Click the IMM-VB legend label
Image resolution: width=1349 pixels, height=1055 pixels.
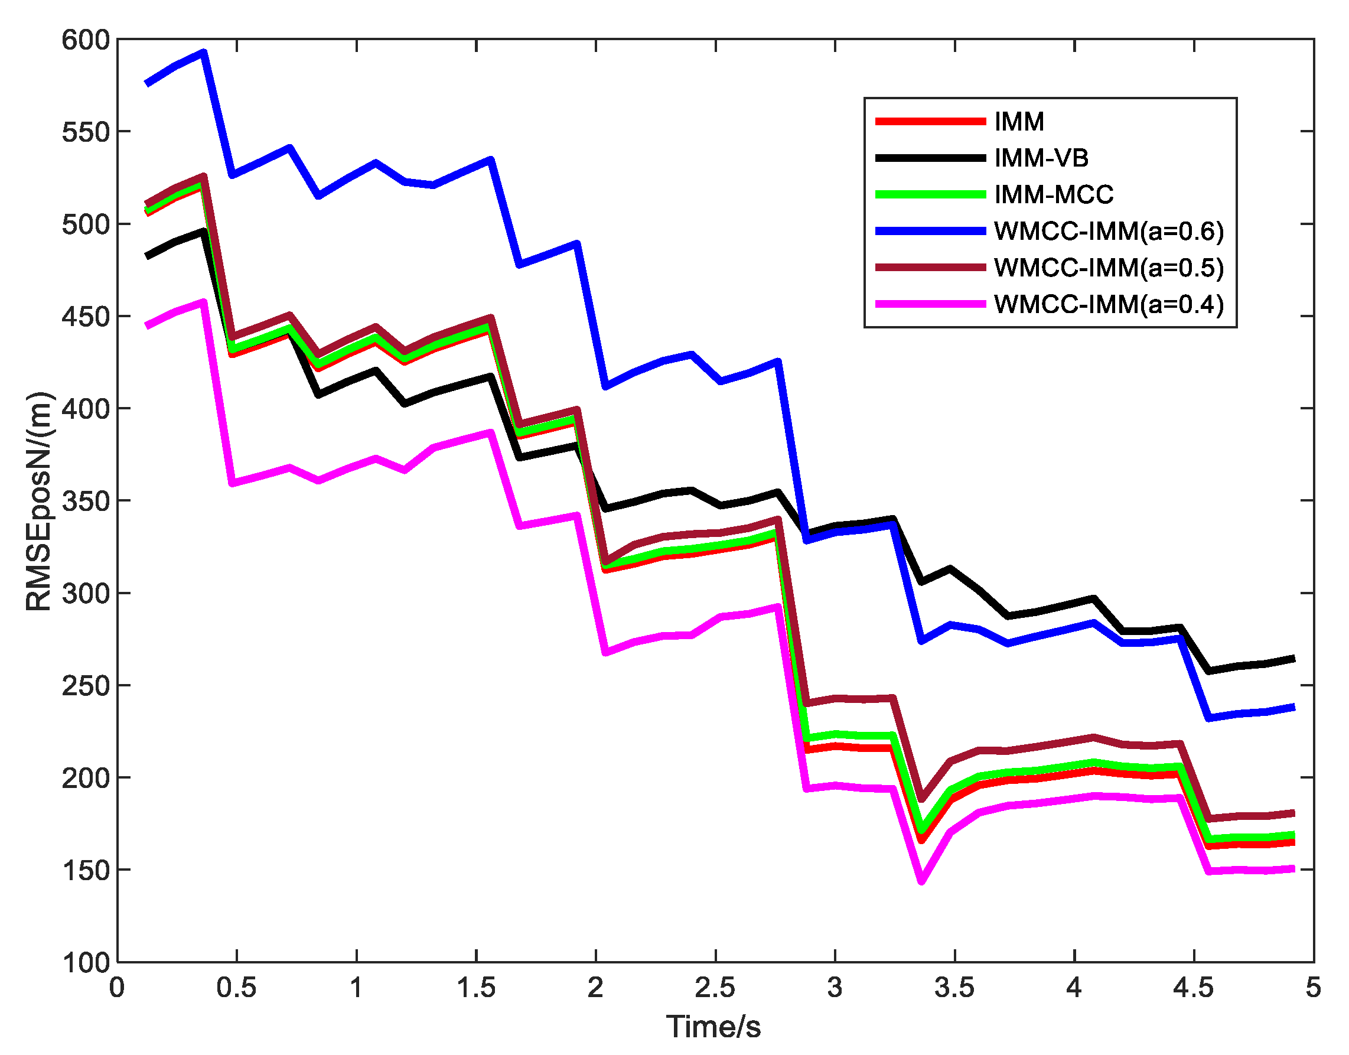click(1041, 158)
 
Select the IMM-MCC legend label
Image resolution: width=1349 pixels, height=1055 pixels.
click(1054, 194)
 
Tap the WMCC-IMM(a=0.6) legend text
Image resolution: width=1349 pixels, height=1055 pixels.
click(1109, 231)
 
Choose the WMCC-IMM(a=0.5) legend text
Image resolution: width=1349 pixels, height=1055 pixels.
click(1109, 268)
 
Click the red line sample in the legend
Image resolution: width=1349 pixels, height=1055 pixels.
click(930, 122)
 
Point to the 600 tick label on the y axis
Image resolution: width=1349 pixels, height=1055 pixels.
click(85, 40)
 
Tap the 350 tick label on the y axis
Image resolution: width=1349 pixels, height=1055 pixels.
click(85, 501)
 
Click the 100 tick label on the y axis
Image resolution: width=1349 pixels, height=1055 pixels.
click(85, 962)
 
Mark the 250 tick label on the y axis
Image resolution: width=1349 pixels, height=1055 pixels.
click(85, 686)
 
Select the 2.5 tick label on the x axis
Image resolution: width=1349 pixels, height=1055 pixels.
click(715, 988)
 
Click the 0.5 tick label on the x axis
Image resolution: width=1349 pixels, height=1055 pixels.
click(237, 988)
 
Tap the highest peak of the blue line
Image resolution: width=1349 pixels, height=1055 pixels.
click(204, 53)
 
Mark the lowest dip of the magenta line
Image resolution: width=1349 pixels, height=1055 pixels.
click(921, 881)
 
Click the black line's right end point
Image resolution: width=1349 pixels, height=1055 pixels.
click(1294, 659)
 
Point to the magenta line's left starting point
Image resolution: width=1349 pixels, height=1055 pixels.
click(146, 325)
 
